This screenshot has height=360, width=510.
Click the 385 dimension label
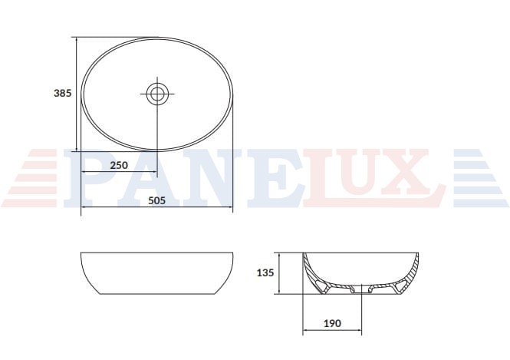pyautogui.click(x=62, y=93)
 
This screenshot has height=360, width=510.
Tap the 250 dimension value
pyautogui.click(x=119, y=165)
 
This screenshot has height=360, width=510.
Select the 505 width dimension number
pyautogui.click(x=156, y=200)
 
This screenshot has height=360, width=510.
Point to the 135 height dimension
pyautogui.click(x=265, y=272)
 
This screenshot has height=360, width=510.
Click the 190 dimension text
pyautogui.click(x=332, y=323)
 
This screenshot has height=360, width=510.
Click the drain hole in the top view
pyautogui.click(x=157, y=94)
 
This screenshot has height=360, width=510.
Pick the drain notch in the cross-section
pyautogui.click(x=361, y=289)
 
